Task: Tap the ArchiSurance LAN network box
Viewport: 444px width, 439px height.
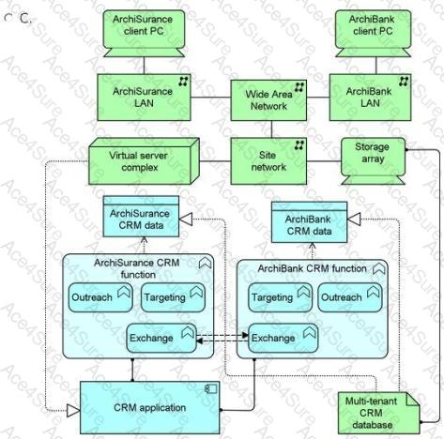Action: click(x=144, y=98)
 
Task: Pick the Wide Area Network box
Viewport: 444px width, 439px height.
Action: click(x=268, y=100)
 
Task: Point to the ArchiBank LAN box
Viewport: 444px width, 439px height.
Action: click(x=370, y=98)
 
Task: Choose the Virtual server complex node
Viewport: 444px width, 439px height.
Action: click(x=144, y=161)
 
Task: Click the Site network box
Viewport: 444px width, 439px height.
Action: click(x=268, y=161)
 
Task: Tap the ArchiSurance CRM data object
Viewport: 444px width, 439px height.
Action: click(x=141, y=217)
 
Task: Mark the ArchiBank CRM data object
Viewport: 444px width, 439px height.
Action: click(x=309, y=222)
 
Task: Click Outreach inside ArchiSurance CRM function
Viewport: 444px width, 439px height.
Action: click(x=100, y=297)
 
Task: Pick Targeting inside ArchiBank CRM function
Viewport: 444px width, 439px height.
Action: click(x=281, y=297)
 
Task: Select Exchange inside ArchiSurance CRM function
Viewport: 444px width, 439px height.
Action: click(x=161, y=338)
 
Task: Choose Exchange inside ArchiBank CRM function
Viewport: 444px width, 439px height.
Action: click(x=283, y=338)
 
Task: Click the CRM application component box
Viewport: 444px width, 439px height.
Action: click(x=150, y=407)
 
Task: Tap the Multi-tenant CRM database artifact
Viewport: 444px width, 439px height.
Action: click(x=379, y=413)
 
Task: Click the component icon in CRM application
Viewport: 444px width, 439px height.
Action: click(x=210, y=389)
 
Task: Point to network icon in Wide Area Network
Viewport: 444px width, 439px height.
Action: click(x=299, y=87)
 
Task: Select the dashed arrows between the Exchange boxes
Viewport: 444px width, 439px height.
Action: click(x=222, y=338)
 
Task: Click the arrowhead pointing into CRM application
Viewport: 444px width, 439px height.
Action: click(x=74, y=410)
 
